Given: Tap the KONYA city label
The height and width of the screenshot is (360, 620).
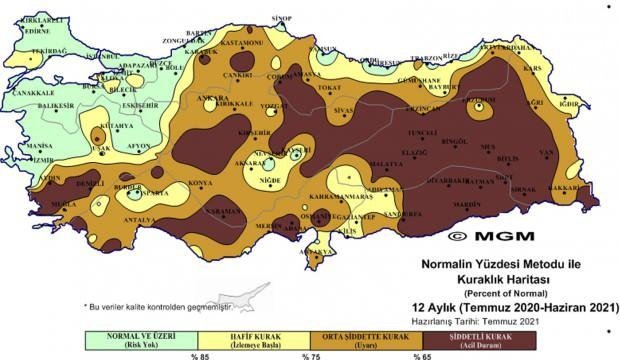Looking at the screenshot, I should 202,183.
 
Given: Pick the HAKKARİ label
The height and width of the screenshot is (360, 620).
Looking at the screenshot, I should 566,187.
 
